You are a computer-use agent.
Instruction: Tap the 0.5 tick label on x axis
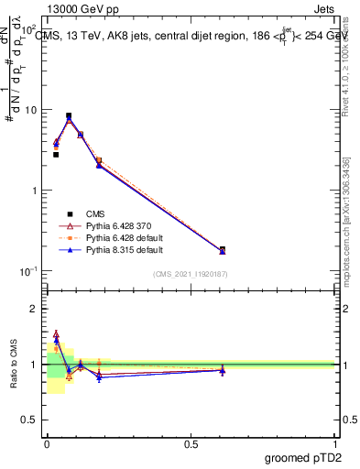point(191,443)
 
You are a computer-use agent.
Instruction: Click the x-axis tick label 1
point(334,443)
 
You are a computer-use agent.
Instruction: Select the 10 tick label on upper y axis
point(31,110)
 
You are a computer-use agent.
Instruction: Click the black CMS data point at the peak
point(69,116)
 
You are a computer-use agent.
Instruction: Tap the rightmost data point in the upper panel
point(223,250)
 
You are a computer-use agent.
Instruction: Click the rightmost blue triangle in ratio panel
point(223,371)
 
